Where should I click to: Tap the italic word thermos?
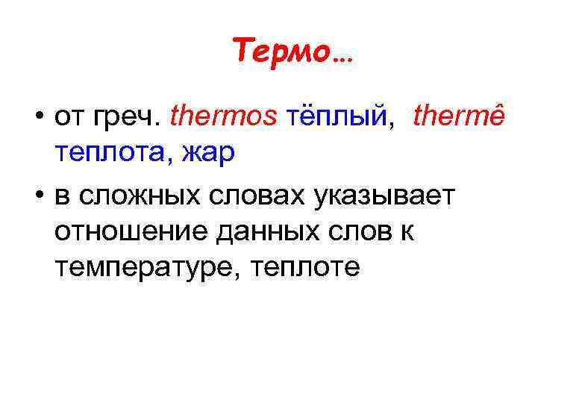point(225,116)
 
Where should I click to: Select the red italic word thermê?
point(458,116)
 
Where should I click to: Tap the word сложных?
point(143,196)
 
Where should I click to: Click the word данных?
point(261,231)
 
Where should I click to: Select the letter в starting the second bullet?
point(62,195)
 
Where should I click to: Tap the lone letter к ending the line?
point(407,231)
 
